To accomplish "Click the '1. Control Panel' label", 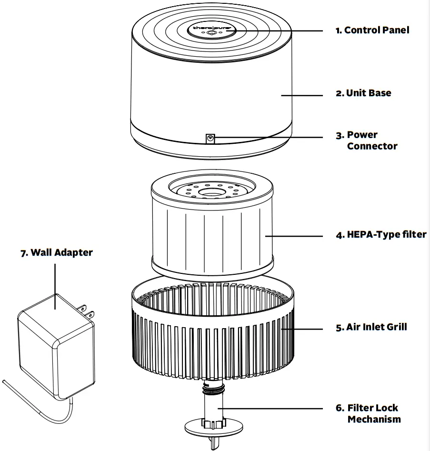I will pos(372,30).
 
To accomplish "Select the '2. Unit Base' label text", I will pos(363,93).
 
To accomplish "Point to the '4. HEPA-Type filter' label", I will pos(381,235).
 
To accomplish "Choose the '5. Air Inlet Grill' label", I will pos(371,328).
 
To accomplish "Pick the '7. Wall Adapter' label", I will pos(56,252).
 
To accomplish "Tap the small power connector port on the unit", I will pos(210,139).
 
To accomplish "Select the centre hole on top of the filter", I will pos(211,192).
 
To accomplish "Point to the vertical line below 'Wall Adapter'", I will pos(55,281).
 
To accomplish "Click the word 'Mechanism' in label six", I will pos(374,420).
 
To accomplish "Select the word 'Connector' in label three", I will pos(372,146).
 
